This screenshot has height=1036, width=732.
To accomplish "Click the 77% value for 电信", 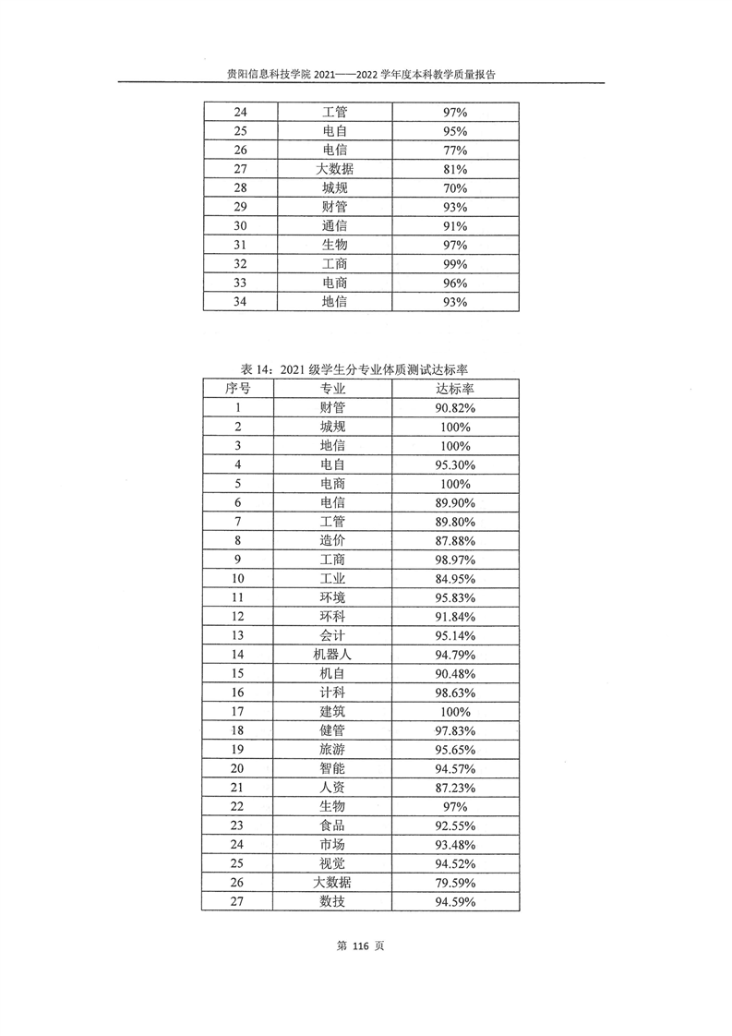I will click(x=455, y=151).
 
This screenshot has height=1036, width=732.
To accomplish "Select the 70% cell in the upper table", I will click(x=455, y=188).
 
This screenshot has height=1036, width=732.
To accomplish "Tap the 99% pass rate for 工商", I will click(x=455, y=264).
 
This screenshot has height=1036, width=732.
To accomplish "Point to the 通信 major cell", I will click(x=334, y=226).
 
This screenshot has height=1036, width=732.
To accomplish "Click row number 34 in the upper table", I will click(x=238, y=302).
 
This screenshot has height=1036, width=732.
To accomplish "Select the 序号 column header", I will click(x=238, y=389).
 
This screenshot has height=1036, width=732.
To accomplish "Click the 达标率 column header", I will click(x=455, y=389).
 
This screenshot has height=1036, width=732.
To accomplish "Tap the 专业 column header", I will click(x=334, y=389).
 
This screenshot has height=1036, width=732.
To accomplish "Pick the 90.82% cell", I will click(x=455, y=407).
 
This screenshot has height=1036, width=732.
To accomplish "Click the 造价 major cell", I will click(x=334, y=540).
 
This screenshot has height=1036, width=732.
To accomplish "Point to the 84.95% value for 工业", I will click(x=455, y=578).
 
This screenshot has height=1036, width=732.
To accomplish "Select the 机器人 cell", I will click(x=334, y=654).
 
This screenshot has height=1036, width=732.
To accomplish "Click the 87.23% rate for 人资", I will click(x=455, y=788).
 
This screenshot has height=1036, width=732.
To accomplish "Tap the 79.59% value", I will click(x=455, y=883).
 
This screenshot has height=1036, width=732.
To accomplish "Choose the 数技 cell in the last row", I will click(x=334, y=901).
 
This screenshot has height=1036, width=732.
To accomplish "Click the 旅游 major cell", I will click(x=334, y=750).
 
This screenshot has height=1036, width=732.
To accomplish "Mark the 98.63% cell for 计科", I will click(x=455, y=693).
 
